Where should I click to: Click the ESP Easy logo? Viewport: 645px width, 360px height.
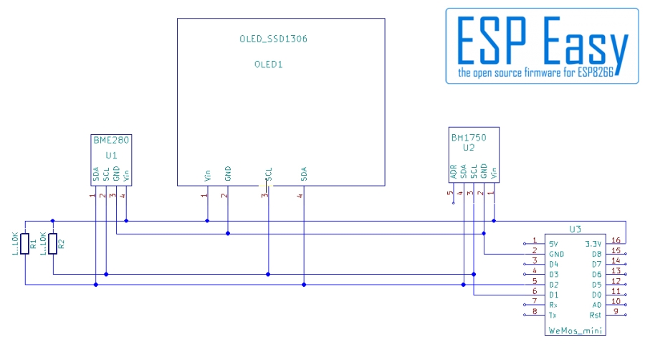(543, 46)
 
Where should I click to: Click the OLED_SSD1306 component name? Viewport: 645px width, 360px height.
(274, 39)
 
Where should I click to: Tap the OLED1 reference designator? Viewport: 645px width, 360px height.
(269, 65)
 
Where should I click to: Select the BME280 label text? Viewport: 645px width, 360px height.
(111, 141)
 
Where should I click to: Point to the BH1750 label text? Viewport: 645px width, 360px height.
(469, 138)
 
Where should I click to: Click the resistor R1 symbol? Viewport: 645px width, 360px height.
(25, 244)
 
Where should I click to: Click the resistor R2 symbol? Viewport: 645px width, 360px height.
(52, 244)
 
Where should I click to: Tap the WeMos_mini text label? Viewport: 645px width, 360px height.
(575, 331)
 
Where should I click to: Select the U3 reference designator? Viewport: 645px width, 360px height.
(575, 229)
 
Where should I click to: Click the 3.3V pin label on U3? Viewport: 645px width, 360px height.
(593, 244)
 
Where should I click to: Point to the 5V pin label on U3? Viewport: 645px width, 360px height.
(554, 244)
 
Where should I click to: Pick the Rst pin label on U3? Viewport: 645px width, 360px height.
(596, 315)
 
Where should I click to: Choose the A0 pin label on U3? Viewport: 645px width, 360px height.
(597, 305)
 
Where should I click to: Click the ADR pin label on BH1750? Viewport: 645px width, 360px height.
(454, 172)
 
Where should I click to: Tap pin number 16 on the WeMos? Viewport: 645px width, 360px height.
(616, 240)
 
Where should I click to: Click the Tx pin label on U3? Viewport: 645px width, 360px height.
(553, 315)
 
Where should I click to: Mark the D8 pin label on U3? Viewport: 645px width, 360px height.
(597, 255)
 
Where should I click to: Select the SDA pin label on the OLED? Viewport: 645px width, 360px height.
(304, 174)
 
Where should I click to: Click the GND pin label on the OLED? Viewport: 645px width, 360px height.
(228, 174)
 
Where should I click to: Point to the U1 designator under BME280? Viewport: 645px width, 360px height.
(111, 156)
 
